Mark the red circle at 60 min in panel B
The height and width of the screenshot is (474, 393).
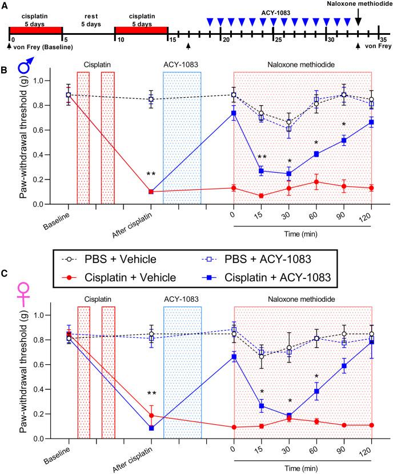point(316,182)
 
